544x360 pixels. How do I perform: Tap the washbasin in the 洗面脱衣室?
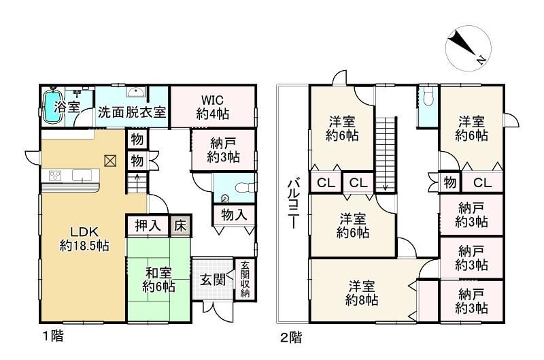pos(136,92)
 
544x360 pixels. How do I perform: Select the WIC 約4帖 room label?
pos(212,107)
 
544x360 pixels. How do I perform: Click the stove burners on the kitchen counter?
pos(55,175)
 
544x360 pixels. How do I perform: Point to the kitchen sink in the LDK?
pos(82,176)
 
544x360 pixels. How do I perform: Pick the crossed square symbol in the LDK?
pos(110,161)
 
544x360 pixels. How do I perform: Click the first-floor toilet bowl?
pos(245,188)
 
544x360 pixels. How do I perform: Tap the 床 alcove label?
pos(180,226)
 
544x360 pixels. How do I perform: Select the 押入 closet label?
pos(148,226)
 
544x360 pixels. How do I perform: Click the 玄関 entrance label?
pos(212,279)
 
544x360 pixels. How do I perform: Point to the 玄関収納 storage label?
pos(245,279)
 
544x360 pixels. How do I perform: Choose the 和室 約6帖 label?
pos(158,280)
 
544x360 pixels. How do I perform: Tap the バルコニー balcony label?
pos(293,203)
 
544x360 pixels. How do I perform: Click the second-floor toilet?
pos(429,97)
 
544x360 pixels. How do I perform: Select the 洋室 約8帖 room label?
pos(362,293)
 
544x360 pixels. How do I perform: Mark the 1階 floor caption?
pos(53,336)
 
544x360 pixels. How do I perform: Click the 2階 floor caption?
pos(291,337)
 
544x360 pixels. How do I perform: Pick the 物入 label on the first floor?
pos(234,214)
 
